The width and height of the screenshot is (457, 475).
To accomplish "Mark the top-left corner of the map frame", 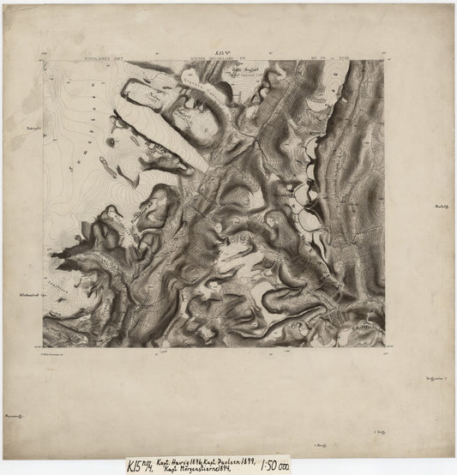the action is (43, 61).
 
